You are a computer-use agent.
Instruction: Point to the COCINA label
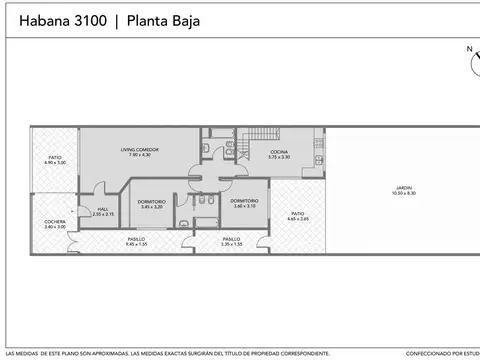pos(278,152)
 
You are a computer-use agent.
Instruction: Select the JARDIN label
pos(403,188)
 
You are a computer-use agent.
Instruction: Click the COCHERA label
pos(55,222)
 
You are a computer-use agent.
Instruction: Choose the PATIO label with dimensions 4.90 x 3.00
pos(54,157)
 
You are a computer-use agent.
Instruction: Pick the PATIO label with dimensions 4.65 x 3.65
pos(298,213)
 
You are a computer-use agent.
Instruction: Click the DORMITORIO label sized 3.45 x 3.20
pos(151,201)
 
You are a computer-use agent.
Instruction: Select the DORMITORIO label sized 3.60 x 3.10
pos(244,201)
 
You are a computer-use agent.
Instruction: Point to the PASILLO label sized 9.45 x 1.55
pos(136,239)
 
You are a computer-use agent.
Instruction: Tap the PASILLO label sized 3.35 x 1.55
pos(231,239)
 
